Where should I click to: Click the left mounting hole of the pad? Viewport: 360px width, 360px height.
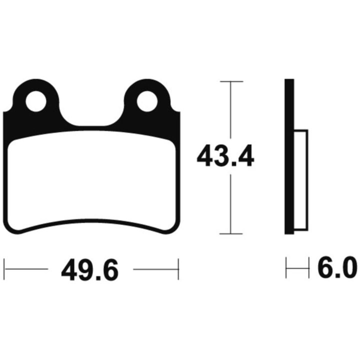[36, 101]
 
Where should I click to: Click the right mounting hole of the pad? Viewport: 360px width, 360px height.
[147, 101]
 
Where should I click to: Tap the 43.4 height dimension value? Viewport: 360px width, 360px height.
[225, 155]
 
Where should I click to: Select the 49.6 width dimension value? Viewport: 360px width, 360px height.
[90, 269]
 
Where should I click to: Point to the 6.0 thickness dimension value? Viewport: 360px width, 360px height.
[337, 267]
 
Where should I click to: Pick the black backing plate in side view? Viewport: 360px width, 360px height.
[289, 156]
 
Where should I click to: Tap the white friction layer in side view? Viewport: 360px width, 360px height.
[301, 180]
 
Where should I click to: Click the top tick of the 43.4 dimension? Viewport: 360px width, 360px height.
[231, 81]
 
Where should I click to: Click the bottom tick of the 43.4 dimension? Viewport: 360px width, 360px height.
[231, 233]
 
